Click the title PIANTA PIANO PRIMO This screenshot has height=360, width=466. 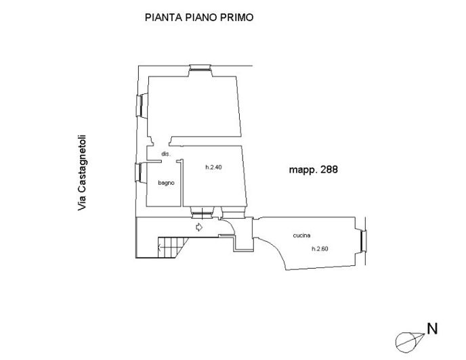[x=199, y=17]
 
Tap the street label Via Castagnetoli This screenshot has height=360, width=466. [x=82, y=173]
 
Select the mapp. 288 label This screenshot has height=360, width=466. [x=313, y=170]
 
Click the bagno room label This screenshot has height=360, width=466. [x=166, y=183]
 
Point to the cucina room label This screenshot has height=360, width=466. [x=301, y=235]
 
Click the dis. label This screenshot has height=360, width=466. [x=166, y=154]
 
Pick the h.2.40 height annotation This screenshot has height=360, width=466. [x=213, y=167]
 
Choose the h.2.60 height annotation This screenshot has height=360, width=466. [x=320, y=248]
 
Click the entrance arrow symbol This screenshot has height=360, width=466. [x=199, y=227]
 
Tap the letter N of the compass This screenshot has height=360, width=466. [x=432, y=329]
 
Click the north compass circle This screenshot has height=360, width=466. [x=405, y=342]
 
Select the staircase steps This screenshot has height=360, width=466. [x=173, y=247]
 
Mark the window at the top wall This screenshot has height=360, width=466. [x=200, y=68]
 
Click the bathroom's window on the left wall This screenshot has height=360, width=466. [x=138, y=173]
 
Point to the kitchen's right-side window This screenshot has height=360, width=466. [x=363, y=241]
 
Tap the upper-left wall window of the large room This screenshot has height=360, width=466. [x=139, y=106]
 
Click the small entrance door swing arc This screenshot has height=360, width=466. [x=230, y=223]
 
